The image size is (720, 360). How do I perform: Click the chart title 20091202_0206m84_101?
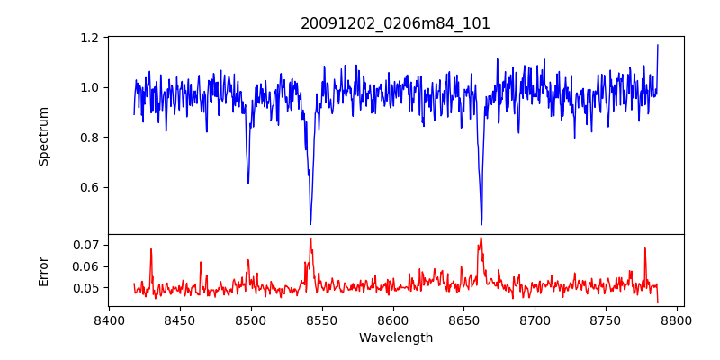[x=395, y=23]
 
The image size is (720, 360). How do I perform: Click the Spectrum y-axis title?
[x=44, y=136]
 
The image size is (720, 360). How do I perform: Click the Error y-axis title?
[x=44, y=270]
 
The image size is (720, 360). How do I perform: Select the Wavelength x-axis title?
[x=395, y=338]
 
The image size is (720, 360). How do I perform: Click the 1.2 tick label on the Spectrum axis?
[x=90, y=38]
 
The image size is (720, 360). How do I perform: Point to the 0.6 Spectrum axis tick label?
[x=90, y=187]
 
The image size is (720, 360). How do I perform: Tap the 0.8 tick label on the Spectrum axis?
[x=90, y=138]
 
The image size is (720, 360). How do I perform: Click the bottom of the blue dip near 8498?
[x=248, y=183]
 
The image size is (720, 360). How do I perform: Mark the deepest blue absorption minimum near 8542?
[x=310, y=224]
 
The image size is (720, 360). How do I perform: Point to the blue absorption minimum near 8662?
[x=481, y=224]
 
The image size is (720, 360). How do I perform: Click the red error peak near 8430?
[x=151, y=249]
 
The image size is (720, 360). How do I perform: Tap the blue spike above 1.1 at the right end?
[x=658, y=45]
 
